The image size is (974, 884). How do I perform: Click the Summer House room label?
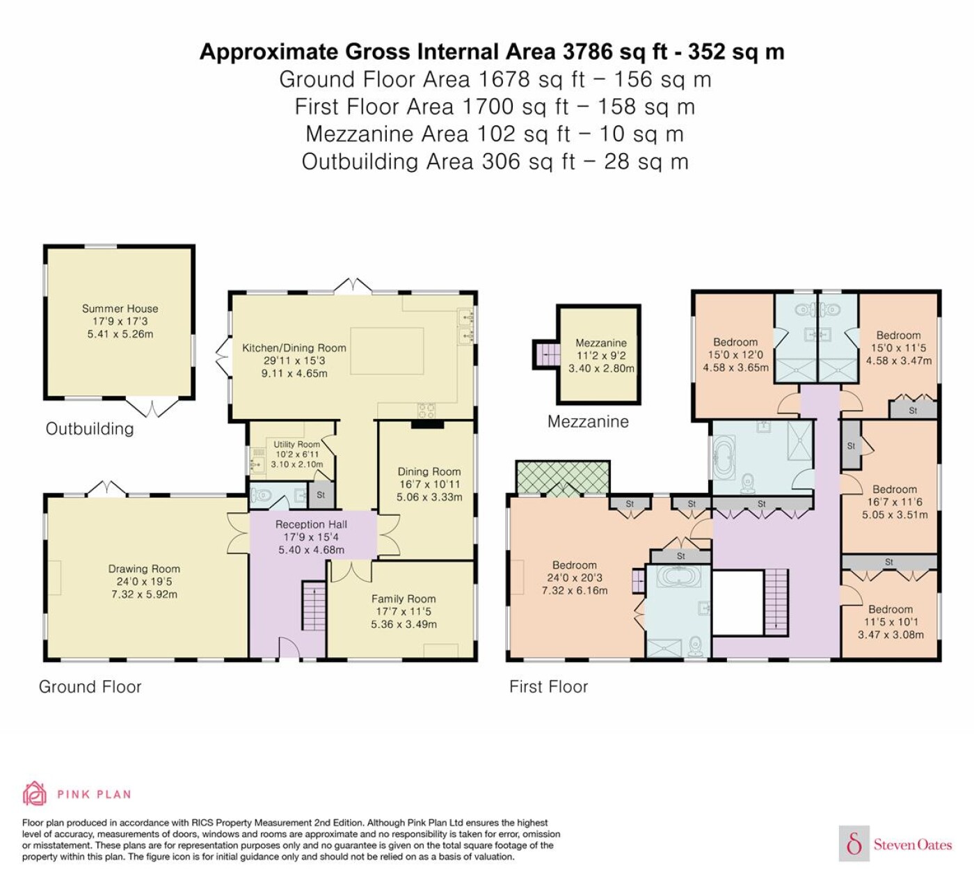point(120,308)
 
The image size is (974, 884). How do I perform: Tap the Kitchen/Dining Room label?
point(294,348)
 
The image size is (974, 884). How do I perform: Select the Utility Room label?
point(296,444)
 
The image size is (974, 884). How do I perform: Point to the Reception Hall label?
point(311,524)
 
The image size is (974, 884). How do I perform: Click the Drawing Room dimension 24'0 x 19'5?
point(144,581)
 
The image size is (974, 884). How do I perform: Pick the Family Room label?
point(404,599)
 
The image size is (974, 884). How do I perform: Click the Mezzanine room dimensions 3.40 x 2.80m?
point(601,368)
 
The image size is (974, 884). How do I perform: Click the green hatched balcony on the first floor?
point(563,478)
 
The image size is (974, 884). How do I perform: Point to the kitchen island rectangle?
point(387,351)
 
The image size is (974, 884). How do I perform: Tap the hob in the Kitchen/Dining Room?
point(426,411)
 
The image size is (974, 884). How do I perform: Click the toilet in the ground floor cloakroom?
point(260,496)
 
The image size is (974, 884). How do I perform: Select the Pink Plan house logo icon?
point(35,794)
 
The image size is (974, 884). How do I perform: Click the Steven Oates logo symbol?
point(854,844)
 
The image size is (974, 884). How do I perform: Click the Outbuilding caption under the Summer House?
point(90,429)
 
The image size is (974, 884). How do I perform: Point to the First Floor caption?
point(549,687)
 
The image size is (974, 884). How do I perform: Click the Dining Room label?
point(429,471)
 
